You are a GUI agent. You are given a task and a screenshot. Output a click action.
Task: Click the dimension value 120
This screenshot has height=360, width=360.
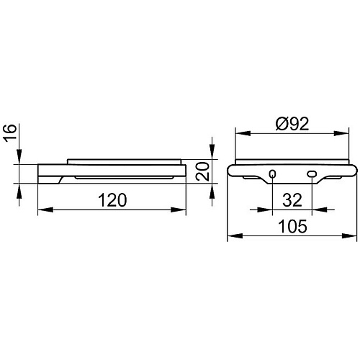112,200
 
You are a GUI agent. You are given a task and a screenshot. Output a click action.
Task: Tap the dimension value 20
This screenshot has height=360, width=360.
202,171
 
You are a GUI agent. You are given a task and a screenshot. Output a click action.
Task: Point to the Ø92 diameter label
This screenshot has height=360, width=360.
292,124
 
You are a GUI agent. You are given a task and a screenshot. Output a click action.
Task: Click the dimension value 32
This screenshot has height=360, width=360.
292,200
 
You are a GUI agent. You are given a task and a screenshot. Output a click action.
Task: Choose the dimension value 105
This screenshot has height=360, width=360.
292,226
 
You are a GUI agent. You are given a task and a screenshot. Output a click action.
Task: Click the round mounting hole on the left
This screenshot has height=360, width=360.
272,174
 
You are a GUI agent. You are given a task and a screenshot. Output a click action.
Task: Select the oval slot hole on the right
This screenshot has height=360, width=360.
312,174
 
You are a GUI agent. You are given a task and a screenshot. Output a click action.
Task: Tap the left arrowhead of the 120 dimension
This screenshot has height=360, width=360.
45,210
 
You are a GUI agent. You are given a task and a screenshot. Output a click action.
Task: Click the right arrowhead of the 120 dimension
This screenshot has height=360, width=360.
179,210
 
